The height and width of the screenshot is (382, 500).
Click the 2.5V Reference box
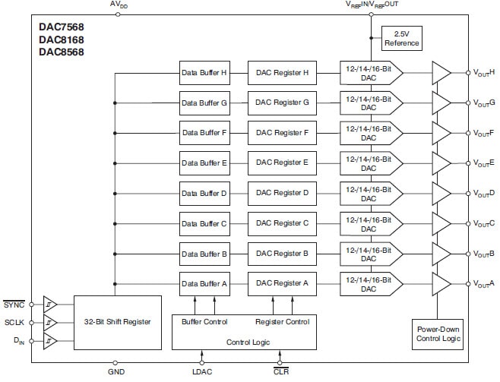coord(401,39)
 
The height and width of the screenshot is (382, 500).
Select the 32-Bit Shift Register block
coord(118,322)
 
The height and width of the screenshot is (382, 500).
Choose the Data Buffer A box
coord(204,284)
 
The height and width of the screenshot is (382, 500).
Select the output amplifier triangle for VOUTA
coord(440,284)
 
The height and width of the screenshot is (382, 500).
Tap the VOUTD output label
coord(484,194)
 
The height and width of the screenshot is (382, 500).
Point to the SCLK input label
coord(14,322)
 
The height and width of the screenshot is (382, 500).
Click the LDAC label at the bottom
coord(202,372)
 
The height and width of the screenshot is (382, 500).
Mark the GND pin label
coord(115,372)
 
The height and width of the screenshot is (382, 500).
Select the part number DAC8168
coord(62,39)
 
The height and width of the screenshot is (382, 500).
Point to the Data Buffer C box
coord(204,223)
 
